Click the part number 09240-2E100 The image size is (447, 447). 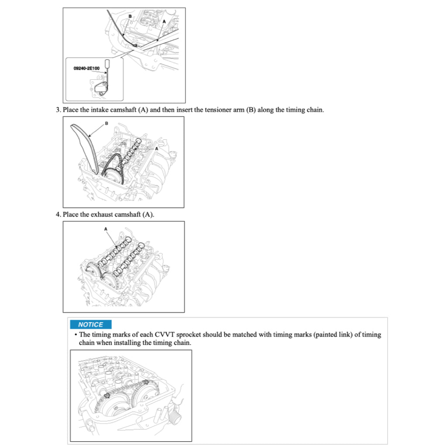[86, 68]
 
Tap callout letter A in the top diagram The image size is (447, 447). [164, 21]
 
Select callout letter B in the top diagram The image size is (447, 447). [130, 16]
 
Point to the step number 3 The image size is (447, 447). [58, 110]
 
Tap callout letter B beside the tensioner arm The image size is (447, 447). [106, 123]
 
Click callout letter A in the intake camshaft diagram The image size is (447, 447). [156, 148]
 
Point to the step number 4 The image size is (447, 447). [58, 214]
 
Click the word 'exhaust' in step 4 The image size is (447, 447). [101, 214]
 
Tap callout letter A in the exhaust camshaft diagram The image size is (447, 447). [105, 228]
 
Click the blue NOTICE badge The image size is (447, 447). [90, 324]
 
